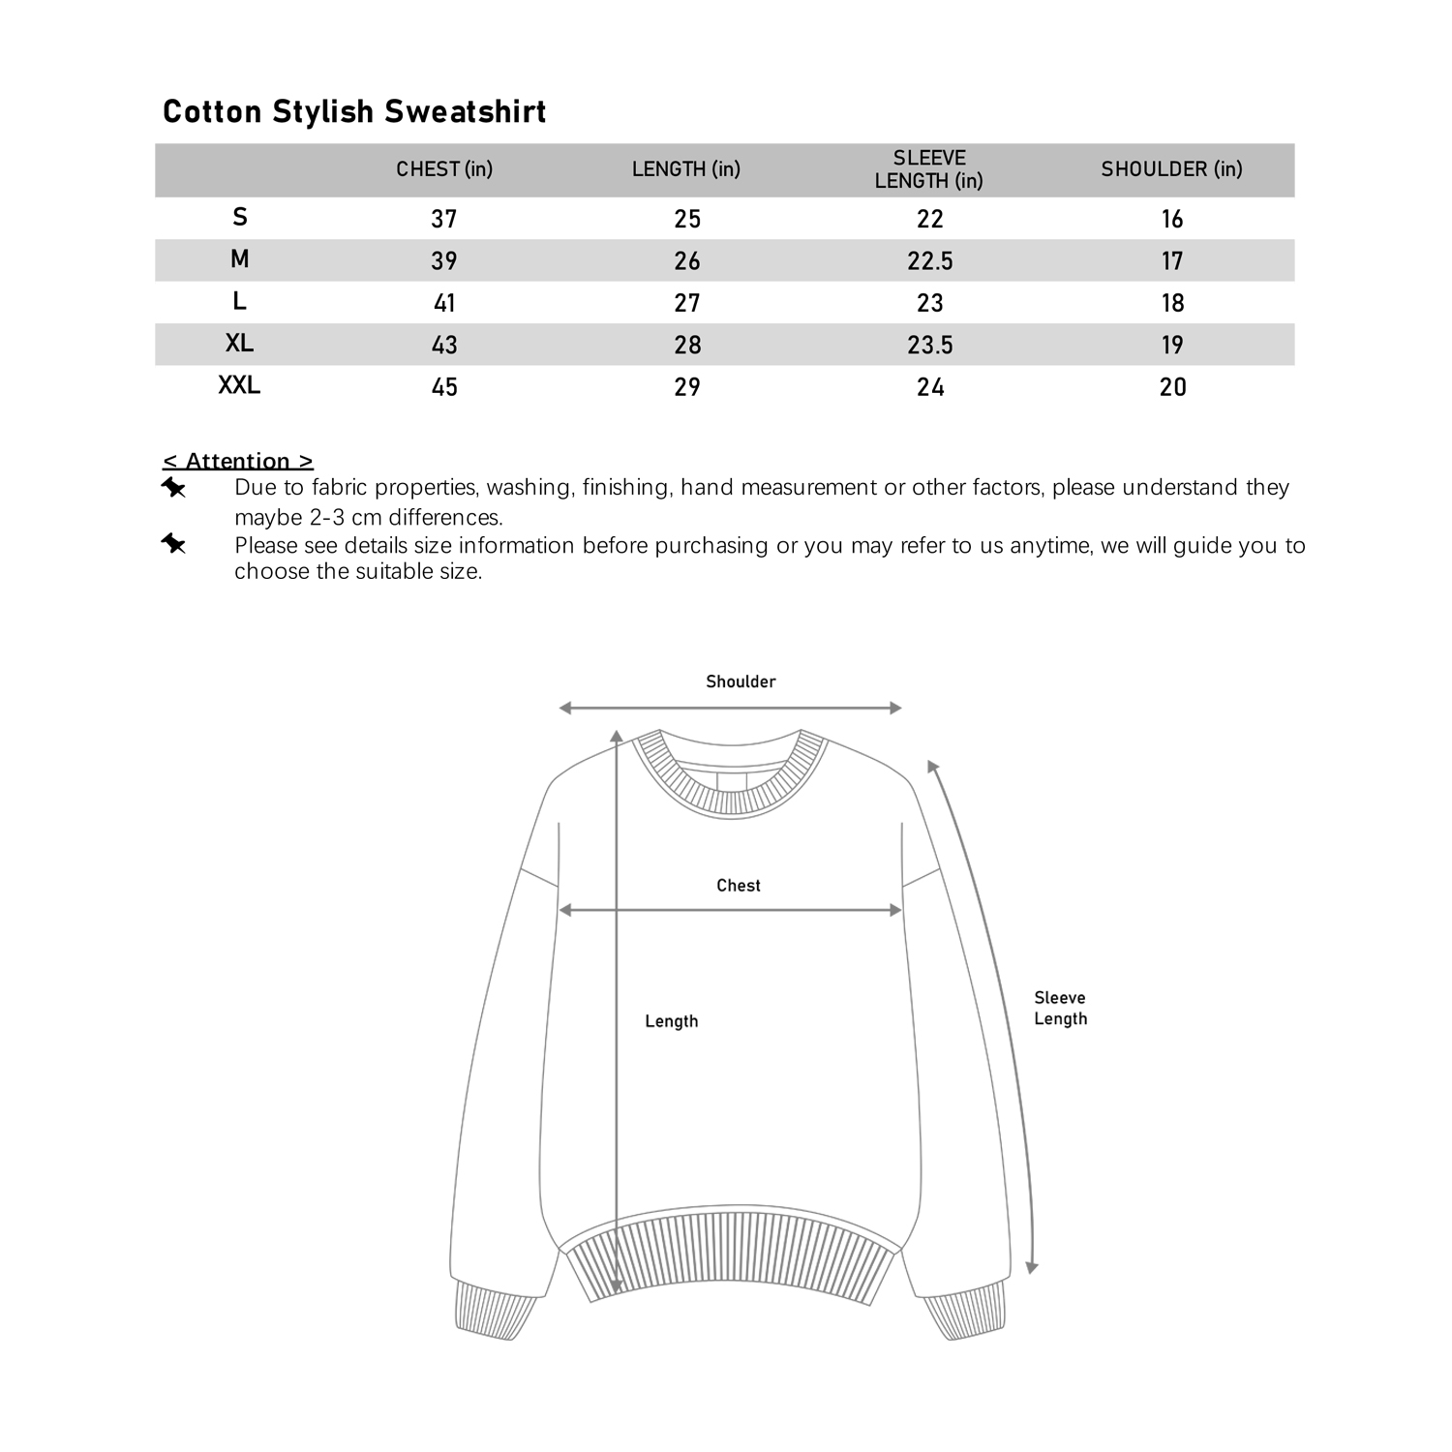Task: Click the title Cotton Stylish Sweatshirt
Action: click(354, 111)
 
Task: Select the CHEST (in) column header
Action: click(444, 169)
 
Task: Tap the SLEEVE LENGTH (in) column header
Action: click(929, 169)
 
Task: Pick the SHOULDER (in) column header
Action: click(1171, 169)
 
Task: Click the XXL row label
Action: click(239, 385)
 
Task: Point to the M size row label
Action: click(239, 259)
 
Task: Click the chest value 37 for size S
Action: click(444, 219)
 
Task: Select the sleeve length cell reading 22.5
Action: click(929, 260)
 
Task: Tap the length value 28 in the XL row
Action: click(687, 345)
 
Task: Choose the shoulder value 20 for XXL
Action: click(1172, 387)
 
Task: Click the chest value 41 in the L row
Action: click(444, 303)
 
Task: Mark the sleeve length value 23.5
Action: click(929, 345)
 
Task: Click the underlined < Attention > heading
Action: click(238, 461)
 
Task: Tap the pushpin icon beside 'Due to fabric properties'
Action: click(173, 488)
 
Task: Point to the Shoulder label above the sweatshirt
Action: click(741, 681)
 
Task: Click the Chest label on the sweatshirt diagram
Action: click(739, 886)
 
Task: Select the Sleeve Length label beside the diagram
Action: click(1060, 1008)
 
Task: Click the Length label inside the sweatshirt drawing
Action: click(671, 1021)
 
